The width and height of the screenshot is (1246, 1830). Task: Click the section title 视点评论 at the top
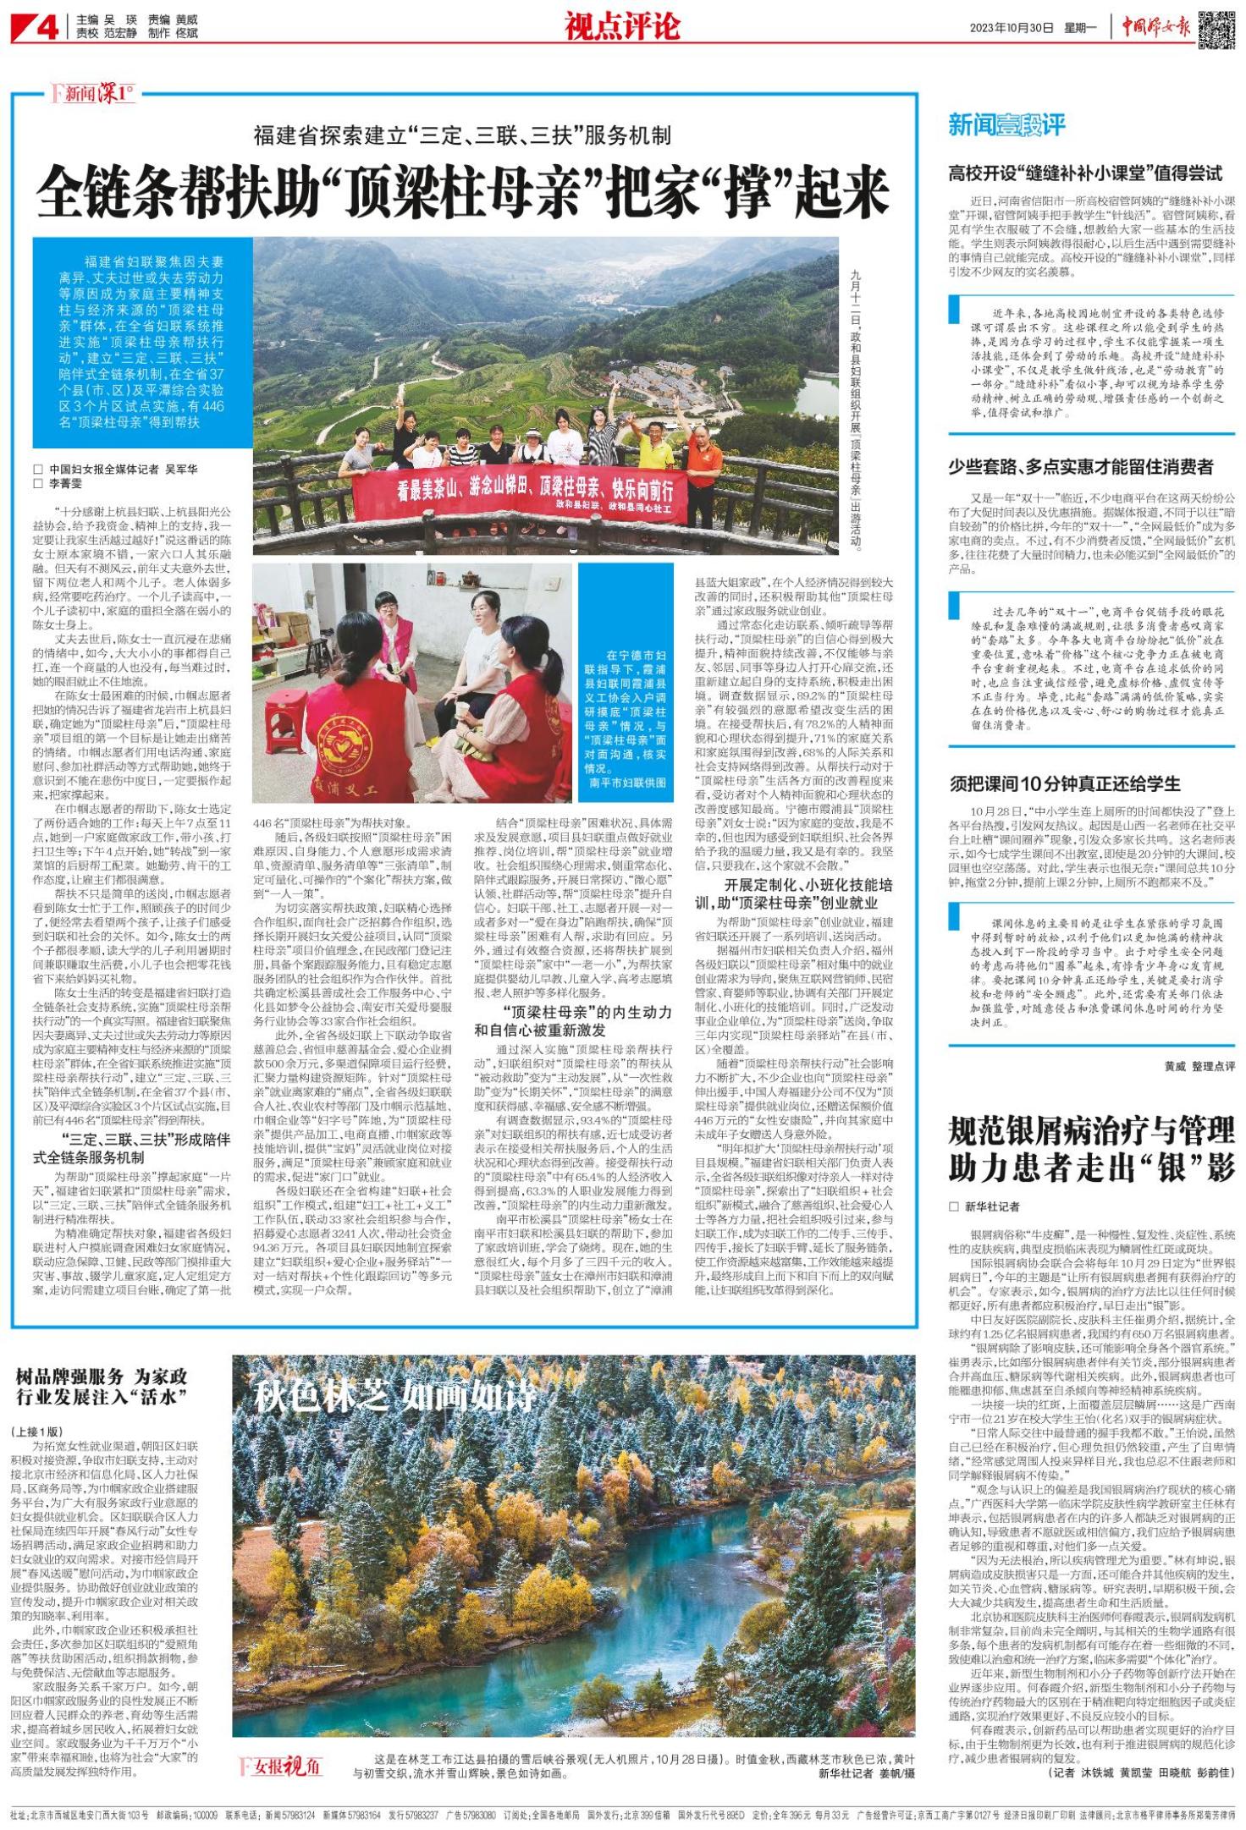point(622,27)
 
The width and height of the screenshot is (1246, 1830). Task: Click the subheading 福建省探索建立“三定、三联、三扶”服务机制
point(463,135)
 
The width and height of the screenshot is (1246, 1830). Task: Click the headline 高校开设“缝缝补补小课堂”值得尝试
point(1085,174)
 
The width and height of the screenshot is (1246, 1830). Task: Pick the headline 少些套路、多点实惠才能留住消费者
point(1080,466)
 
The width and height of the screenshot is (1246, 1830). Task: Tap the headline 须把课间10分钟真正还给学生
point(1064,783)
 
